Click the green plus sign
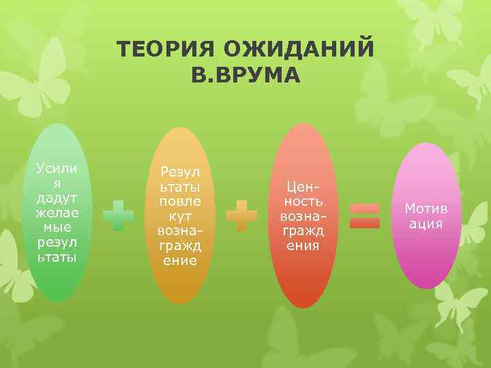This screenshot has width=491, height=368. point(118,216)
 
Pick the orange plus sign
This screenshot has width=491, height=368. point(241,216)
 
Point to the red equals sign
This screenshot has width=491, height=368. point(364,216)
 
